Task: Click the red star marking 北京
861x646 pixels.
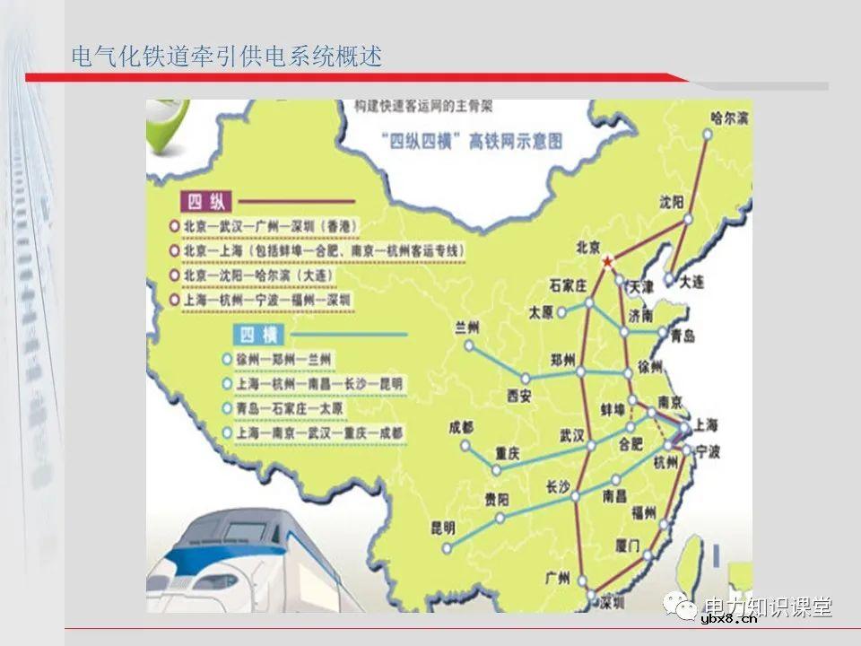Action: [x=608, y=261]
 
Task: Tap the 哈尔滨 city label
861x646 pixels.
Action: [x=730, y=118]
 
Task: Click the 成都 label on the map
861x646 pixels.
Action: [x=461, y=426]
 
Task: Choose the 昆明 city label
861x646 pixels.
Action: [x=442, y=526]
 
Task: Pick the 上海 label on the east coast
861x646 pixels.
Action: [x=707, y=423]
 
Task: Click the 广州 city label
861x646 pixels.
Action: [x=558, y=579]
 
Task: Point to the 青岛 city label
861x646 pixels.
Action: [x=683, y=336]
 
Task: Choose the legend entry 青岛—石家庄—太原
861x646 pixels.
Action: [x=290, y=408]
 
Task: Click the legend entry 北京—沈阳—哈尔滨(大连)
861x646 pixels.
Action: [x=310, y=275]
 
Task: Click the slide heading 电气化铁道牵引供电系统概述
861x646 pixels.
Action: [x=227, y=57]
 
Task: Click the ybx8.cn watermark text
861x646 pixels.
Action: [x=728, y=617]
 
